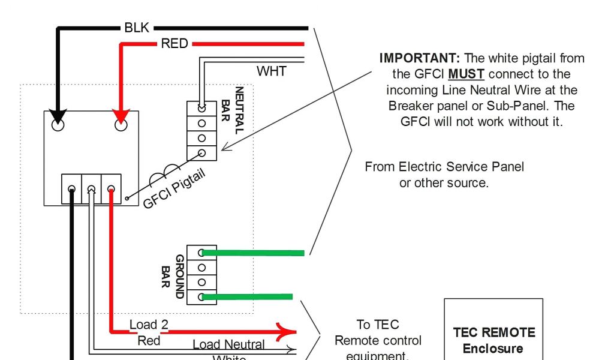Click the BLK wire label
137,28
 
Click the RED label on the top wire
174,44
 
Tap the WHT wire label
272,71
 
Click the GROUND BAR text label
174,276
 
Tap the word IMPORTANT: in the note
420,59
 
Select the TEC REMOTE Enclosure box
493,329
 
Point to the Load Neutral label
228,344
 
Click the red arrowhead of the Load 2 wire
288,331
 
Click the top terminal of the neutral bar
201,108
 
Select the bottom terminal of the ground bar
201,296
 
